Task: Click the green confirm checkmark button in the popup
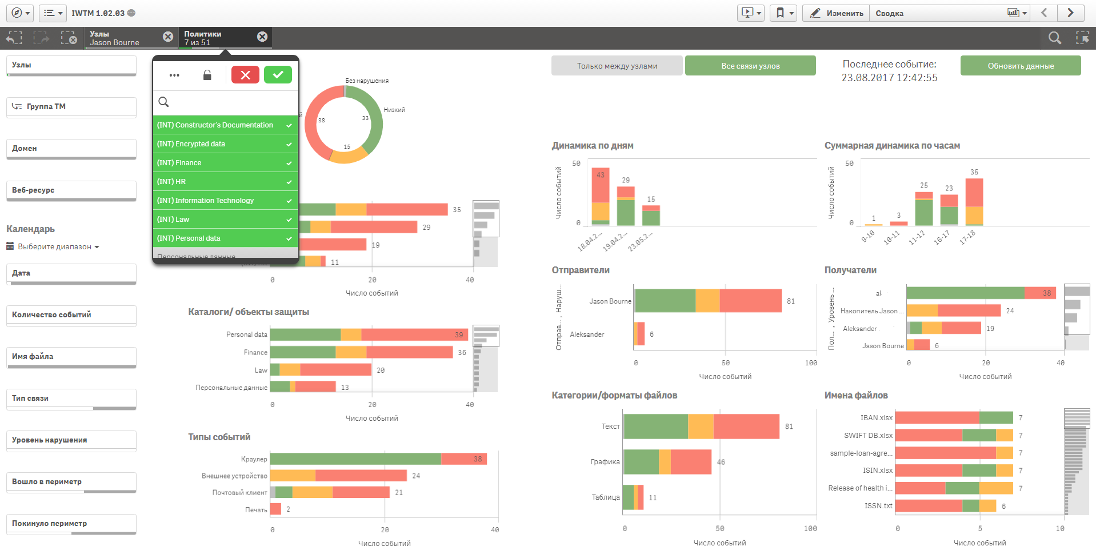(x=278, y=75)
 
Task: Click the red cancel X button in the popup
(x=245, y=75)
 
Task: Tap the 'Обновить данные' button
(x=1020, y=66)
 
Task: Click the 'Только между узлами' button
(x=617, y=66)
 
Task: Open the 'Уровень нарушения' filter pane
(x=71, y=440)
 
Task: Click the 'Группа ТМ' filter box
(x=71, y=107)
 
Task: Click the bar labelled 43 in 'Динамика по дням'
(x=600, y=194)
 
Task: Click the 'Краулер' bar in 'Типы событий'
(x=377, y=459)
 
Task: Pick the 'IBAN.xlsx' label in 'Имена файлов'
(x=876, y=418)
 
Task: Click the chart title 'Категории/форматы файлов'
(x=614, y=396)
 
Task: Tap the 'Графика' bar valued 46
(x=667, y=462)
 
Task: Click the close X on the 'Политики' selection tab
(x=262, y=37)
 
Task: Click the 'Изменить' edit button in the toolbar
(x=837, y=13)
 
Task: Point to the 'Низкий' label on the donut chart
(x=394, y=110)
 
